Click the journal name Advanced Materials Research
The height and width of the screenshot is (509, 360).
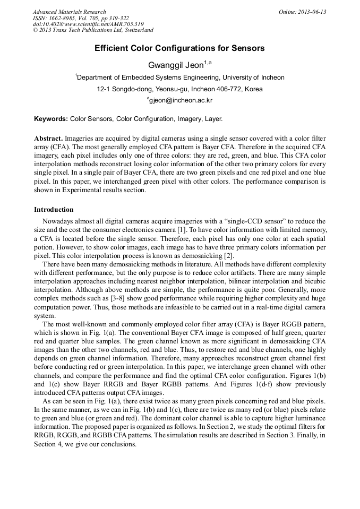69,12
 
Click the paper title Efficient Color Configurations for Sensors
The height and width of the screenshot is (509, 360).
179,48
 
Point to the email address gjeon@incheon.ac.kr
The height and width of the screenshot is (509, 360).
181,100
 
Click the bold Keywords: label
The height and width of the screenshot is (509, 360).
51,119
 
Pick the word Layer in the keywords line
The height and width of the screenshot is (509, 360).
213,119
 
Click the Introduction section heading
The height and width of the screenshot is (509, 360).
54,210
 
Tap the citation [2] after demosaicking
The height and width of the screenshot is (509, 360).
228,255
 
